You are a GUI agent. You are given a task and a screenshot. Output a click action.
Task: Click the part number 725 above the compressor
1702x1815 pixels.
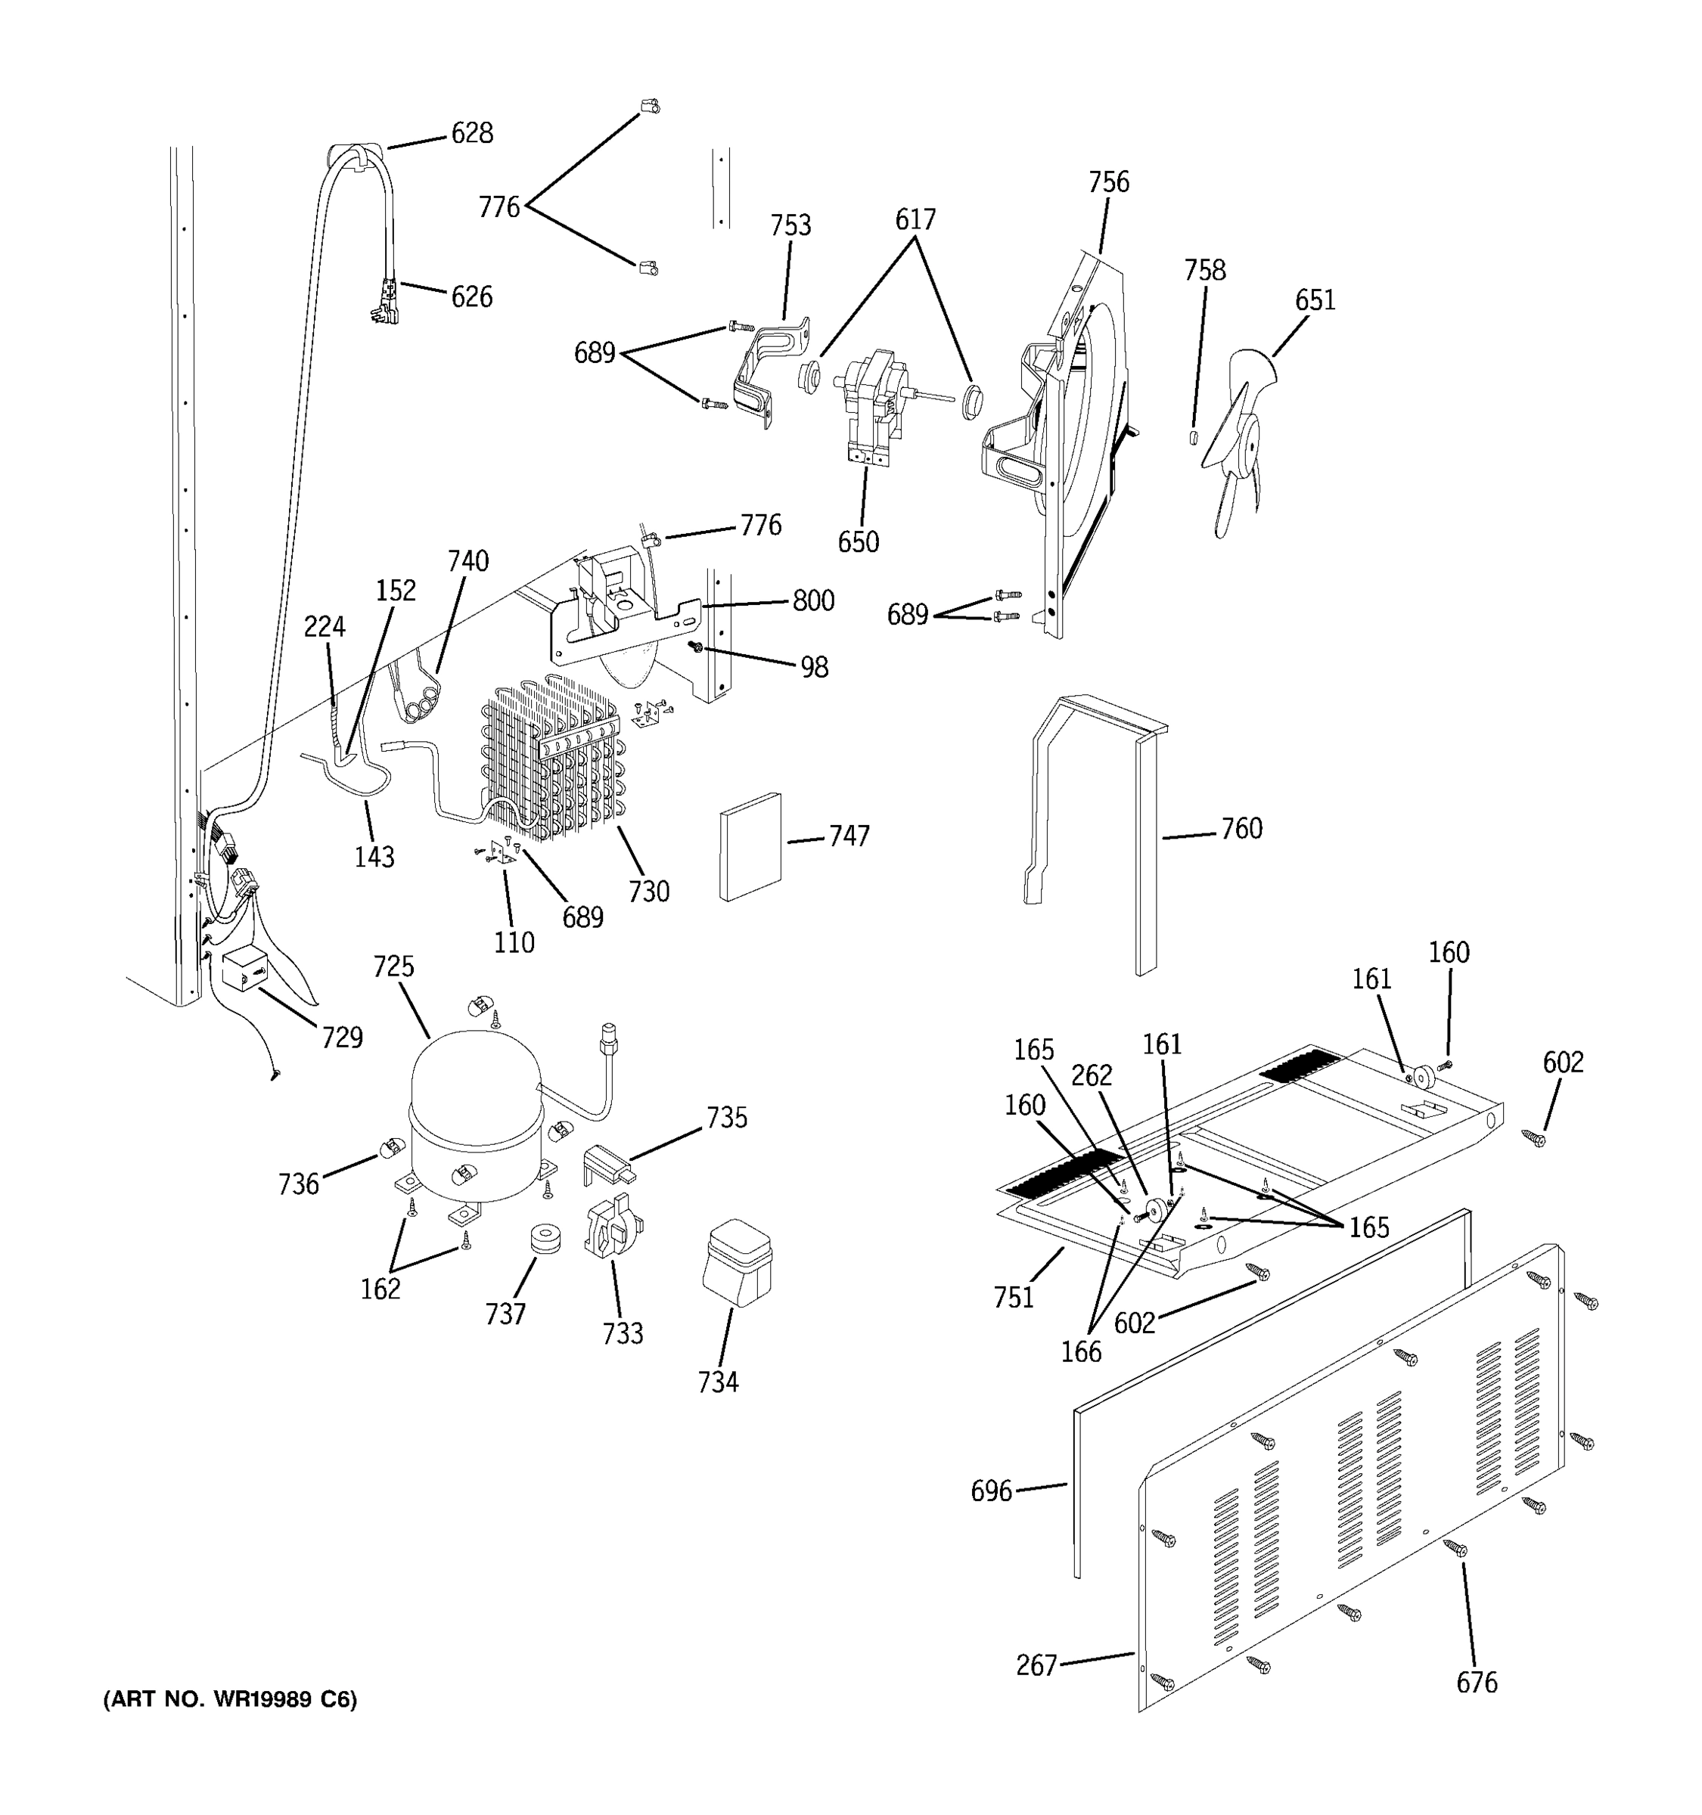(x=393, y=966)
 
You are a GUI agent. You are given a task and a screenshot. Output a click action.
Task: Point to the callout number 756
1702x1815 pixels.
(x=1108, y=181)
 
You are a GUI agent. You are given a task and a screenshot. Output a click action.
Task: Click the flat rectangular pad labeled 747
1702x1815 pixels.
(x=750, y=846)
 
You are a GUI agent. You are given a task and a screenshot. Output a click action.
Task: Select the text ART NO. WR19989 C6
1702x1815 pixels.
(x=230, y=1699)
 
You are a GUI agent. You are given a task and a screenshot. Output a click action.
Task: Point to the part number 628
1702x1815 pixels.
(x=472, y=133)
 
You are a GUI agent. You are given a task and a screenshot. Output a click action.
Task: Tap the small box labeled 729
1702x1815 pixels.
(x=244, y=970)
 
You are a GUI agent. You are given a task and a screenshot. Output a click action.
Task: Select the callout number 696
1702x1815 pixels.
(x=991, y=1491)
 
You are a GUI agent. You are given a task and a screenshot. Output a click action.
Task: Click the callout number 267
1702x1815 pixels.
(x=1036, y=1665)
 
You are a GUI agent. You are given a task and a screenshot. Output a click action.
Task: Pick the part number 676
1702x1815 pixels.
(x=1477, y=1682)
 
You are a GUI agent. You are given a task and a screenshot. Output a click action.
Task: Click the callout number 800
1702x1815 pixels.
(x=812, y=600)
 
